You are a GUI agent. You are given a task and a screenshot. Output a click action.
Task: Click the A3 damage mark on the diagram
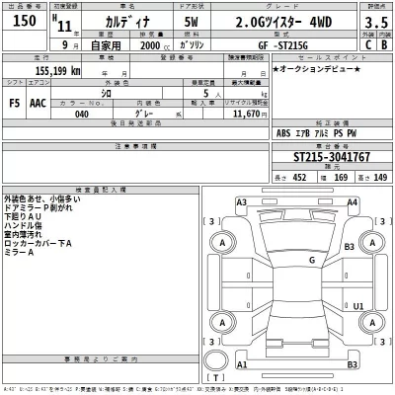[241, 203]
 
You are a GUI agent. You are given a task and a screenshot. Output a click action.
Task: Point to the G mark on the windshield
[310, 260]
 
